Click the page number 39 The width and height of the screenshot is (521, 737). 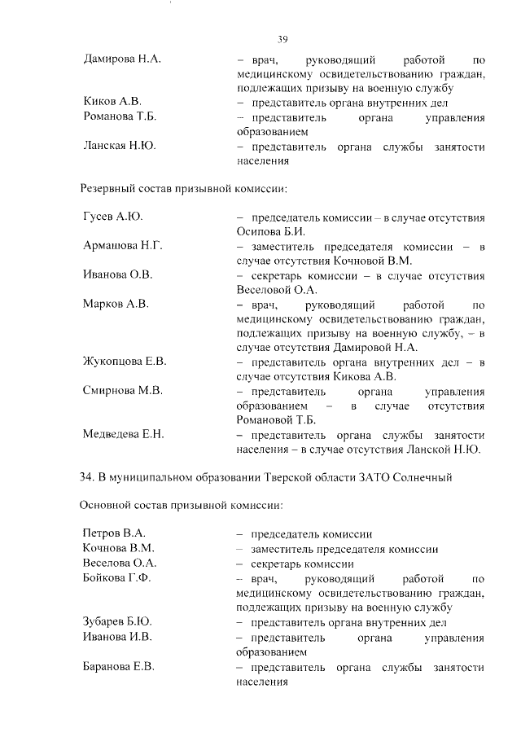pyautogui.click(x=283, y=39)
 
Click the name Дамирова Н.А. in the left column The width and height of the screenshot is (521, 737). pyautogui.click(x=123, y=60)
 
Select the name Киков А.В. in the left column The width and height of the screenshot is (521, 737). pyautogui.click(x=112, y=102)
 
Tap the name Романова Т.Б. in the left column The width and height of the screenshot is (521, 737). pyautogui.click(x=120, y=116)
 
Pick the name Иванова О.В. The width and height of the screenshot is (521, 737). pyautogui.click(x=117, y=275)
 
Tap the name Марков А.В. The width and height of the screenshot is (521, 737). pyautogui.click(x=115, y=305)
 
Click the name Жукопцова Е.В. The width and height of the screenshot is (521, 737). pyautogui.click(x=125, y=362)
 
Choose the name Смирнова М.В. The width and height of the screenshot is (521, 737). pyautogui.click(x=122, y=391)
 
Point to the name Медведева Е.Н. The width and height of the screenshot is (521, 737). pyautogui.click(x=123, y=435)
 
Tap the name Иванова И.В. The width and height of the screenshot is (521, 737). pyautogui.click(x=117, y=638)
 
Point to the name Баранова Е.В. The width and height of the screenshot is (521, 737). pyautogui.click(x=119, y=667)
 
